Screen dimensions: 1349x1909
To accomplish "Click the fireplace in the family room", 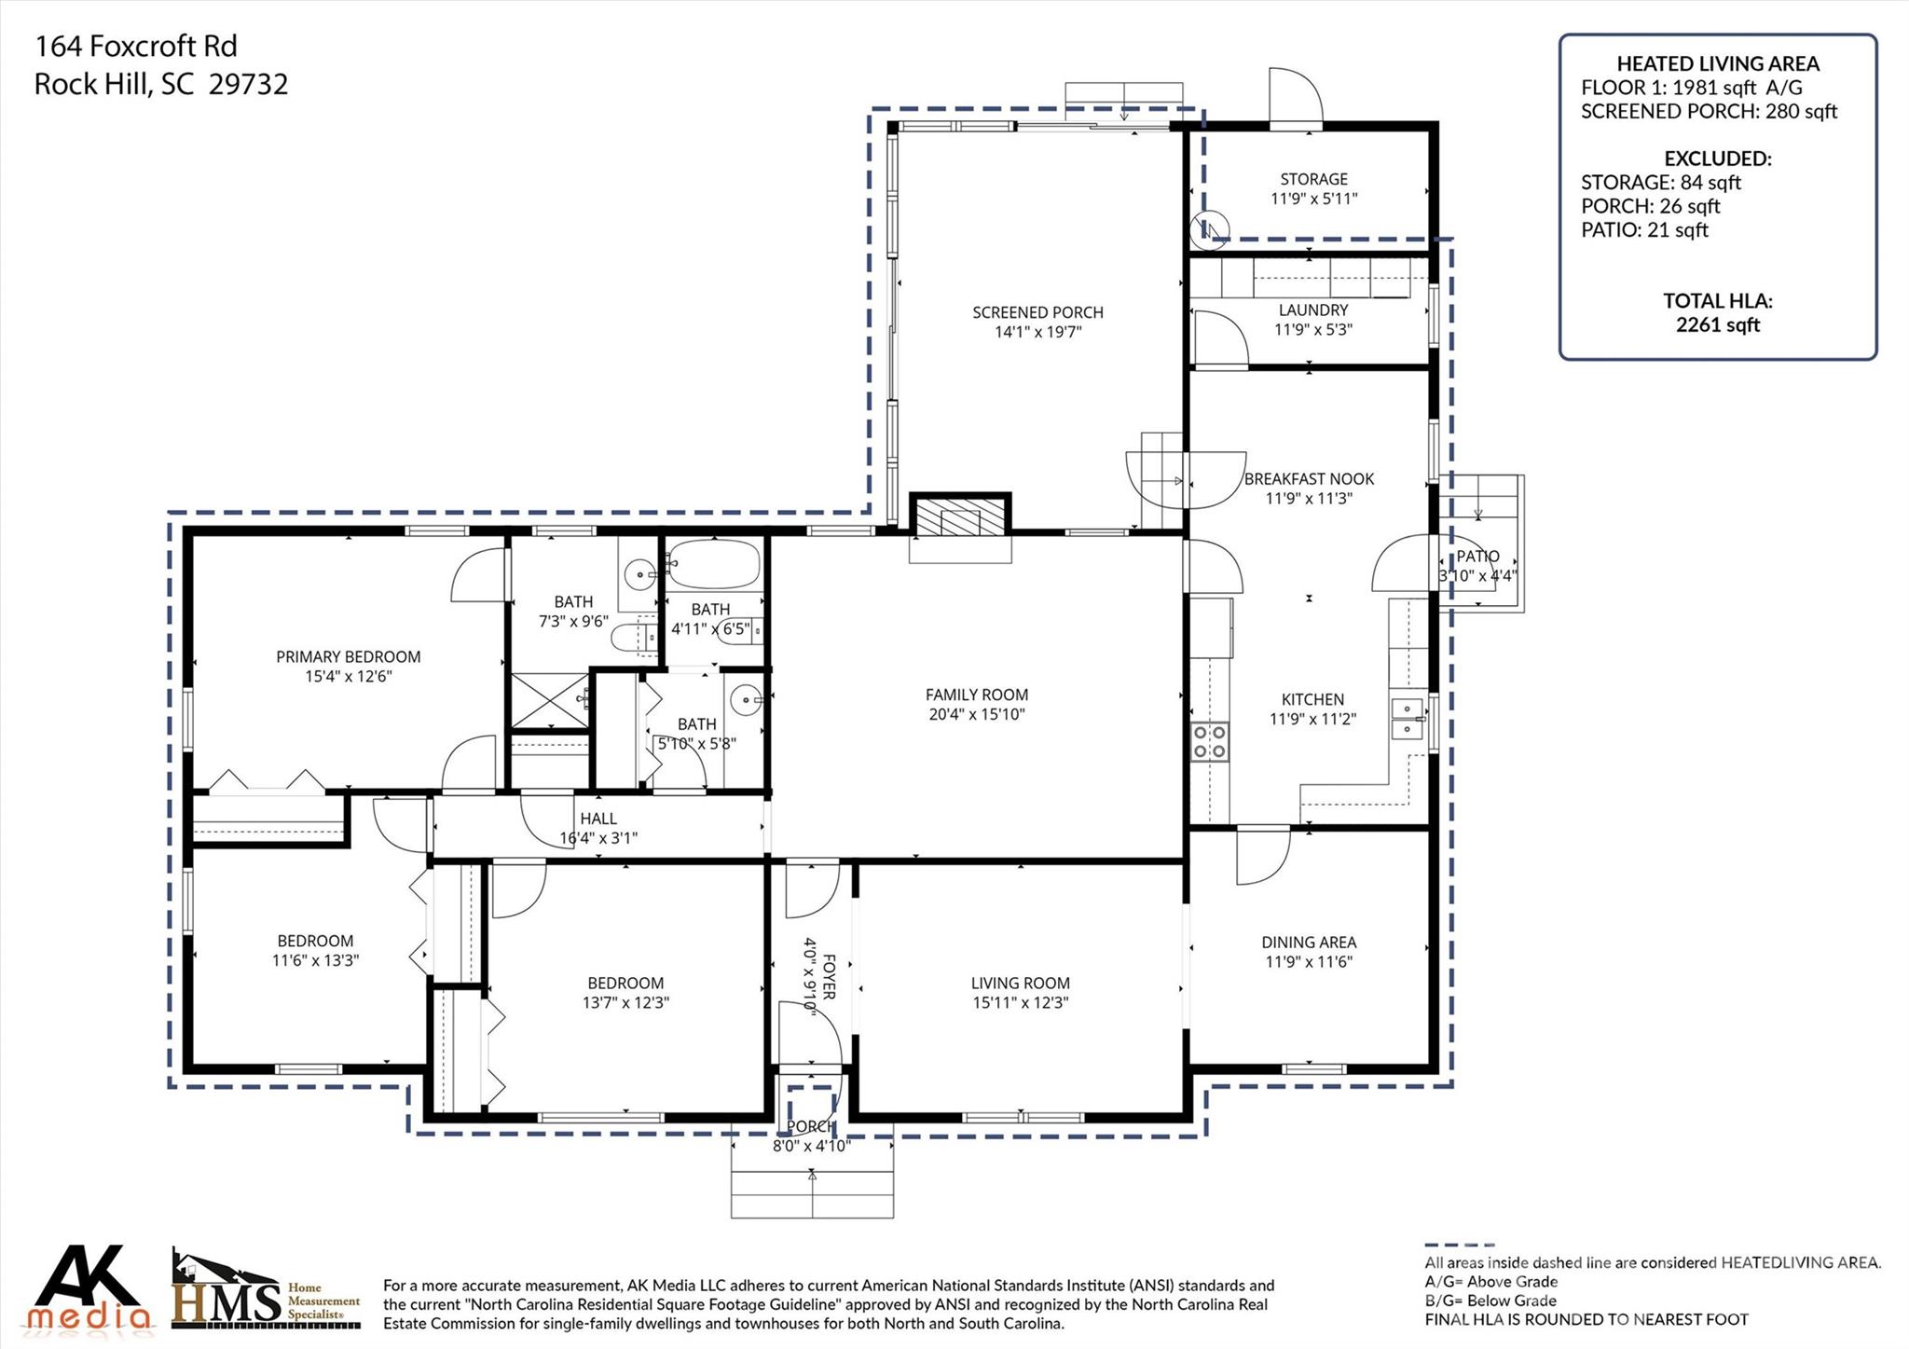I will (960, 517).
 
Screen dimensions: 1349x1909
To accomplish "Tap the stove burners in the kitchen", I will (1209, 742).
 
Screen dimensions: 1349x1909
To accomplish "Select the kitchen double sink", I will (1407, 719).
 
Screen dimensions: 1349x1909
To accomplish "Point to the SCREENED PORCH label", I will (1037, 312).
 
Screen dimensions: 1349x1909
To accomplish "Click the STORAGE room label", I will (1313, 179).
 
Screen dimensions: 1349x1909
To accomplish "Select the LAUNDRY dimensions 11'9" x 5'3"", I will (1312, 329).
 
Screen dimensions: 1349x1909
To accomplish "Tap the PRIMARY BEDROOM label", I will (348, 656).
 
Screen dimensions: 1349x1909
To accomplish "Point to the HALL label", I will (597, 819).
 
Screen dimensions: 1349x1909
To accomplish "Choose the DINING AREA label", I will (1309, 943).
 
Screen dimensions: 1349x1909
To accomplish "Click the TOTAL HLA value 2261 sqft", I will (1717, 324).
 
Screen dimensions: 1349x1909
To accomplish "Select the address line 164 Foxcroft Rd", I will (136, 46).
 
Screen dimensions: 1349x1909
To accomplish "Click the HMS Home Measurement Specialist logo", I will (266, 1292).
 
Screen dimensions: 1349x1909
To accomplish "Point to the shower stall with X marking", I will (550, 700).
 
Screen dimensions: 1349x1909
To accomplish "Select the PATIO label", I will (1478, 557).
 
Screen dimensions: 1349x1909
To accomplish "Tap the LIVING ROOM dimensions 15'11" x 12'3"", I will (1020, 1003).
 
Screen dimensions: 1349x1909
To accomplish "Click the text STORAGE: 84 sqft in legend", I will (1660, 183).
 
